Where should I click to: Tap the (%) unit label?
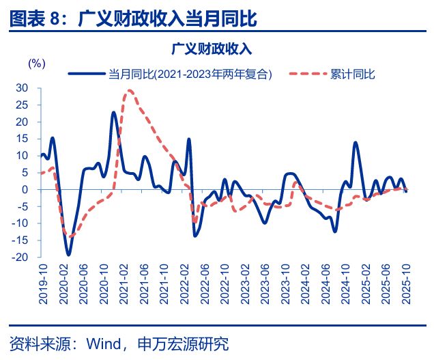[x=36, y=63]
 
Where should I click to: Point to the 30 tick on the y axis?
[x=22, y=88]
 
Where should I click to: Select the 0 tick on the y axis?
[x=25, y=189]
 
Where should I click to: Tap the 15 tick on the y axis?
[x=22, y=139]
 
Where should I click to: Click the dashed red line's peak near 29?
[x=128, y=91]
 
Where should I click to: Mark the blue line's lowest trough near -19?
[x=68, y=254]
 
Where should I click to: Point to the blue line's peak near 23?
[x=114, y=112]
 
